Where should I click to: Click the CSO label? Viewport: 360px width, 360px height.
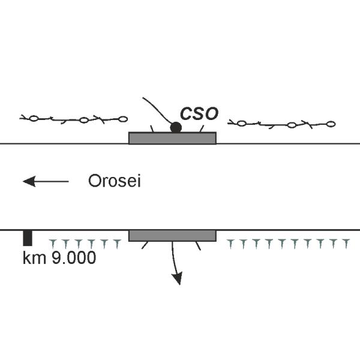(x=199, y=113)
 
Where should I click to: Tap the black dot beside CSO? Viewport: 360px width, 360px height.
(x=176, y=127)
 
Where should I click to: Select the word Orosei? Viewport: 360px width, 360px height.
(x=115, y=181)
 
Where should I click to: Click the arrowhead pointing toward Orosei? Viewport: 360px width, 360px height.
(x=29, y=181)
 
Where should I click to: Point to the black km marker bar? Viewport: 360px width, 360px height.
(x=28, y=238)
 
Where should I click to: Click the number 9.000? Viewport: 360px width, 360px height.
(x=73, y=257)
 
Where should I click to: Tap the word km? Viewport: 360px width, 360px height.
(x=34, y=257)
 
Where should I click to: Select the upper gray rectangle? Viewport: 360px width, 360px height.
(x=172, y=138)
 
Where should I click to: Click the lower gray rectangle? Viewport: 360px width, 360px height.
(x=172, y=236)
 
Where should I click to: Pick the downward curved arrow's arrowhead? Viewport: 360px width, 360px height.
(x=178, y=278)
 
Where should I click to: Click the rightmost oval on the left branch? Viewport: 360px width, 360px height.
(x=123, y=119)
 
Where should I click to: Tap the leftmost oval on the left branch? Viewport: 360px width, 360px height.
(x=34, y=118)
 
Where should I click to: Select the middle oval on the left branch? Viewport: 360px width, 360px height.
(x=84, y=120)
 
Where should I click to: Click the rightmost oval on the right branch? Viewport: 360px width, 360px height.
(x=331, y=124)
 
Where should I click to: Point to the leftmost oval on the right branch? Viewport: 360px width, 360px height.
(x=241, y=124)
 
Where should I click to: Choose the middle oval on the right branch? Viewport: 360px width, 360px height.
(x=292, y=125)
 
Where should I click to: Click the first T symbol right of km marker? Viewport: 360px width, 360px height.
(x=53, y=244)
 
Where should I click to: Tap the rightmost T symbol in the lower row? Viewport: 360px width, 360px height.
(x=346, y=244)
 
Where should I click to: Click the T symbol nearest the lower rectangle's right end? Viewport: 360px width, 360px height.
(x=230, y=244)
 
